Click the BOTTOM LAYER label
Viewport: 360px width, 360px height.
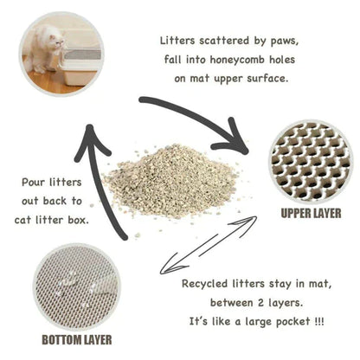[x=76, y=337]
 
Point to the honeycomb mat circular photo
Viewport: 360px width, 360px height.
[x=311, y=160]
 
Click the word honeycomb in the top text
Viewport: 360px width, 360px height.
[x=233, y=60]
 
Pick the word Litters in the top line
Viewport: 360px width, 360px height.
[x=182, y=41]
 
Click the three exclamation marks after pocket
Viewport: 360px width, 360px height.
[x=320, y=321]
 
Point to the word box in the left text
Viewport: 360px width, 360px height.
[x=100, y=220]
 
